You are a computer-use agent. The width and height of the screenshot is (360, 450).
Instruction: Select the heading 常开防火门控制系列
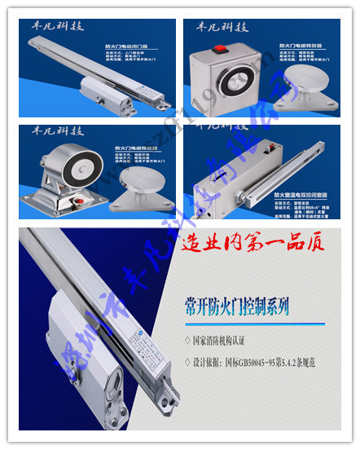pyautogui.click(x=237, y=307)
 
